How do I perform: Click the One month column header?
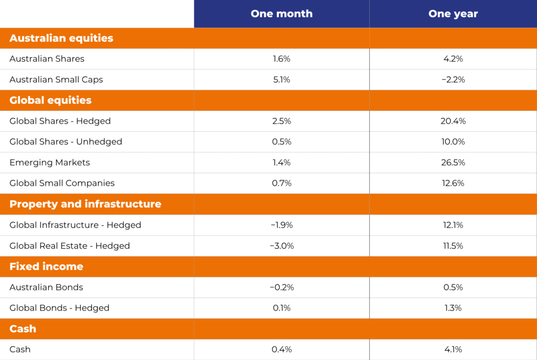tap(282, 14)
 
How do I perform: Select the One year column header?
tap(453, 14)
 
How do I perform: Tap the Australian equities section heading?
tap(61, 38)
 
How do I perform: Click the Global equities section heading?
tap(50, 100)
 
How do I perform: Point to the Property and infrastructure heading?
tap(85, 204)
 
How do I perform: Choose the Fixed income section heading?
tap(46, 267)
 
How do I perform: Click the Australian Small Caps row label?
tap(56, 80)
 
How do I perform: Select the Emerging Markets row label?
tap(50, 163)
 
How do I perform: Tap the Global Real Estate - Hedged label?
tap(70, 246)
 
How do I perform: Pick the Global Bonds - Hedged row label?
tap(59, 308)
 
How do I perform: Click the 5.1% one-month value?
tap(282, 80)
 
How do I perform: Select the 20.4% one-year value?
tap(453, 121)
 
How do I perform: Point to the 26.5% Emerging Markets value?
tap(453, 163)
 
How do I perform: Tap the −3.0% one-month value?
tap(282, 246)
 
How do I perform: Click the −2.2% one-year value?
tap(453, 80)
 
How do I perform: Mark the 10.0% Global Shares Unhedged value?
tap(453, 142)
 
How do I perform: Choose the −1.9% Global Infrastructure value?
tap(282, 225)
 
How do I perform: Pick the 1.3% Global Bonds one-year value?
tap(453, 308)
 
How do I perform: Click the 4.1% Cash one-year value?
tap(453, 350)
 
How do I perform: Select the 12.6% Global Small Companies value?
tap(453, 183)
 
